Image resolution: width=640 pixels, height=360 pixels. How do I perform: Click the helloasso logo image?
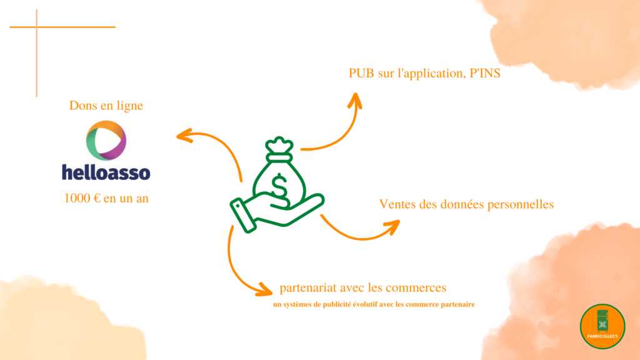click(x=106, y=150)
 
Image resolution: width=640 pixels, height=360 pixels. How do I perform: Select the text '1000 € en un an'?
click(x=106, y=198)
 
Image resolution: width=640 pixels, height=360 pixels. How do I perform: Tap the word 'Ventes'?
click(x=397, y=204)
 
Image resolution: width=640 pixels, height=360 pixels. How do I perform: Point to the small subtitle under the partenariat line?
click(x=374, y=305)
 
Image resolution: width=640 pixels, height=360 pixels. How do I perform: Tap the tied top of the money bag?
click(x=279, y=146)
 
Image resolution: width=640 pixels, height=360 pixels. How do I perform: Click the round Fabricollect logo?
click(x=602, y=326)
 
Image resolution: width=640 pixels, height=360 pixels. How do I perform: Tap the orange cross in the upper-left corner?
click(x=36, y=27)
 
